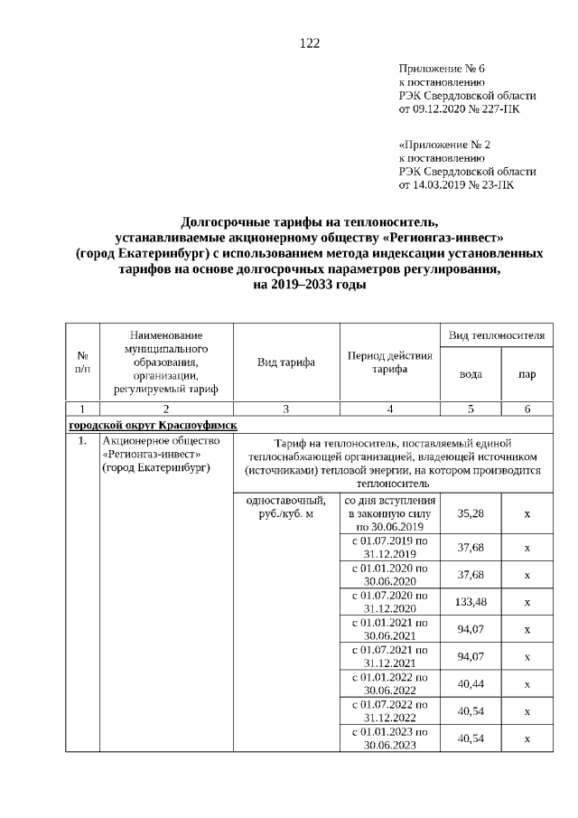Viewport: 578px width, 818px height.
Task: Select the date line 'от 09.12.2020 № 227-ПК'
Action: (x=459, y=108)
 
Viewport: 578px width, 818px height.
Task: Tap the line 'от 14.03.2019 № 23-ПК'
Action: (x=456, y=184)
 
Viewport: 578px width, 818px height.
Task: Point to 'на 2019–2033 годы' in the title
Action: (x=310, y=284)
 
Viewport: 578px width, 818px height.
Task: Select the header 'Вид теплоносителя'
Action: (x=497, y=335)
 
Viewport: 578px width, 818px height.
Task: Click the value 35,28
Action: (x=470, y=512)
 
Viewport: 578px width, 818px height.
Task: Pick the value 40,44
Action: (x=470, y=683)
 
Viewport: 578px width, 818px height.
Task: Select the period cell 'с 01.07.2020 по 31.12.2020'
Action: (x=389, y=603)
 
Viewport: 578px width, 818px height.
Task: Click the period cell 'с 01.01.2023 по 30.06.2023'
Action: (x=389, y=738)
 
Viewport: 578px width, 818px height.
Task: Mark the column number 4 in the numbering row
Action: (x=389, y=409)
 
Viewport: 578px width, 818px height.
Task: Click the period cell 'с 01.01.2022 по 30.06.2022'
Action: (x=389, y=683)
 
